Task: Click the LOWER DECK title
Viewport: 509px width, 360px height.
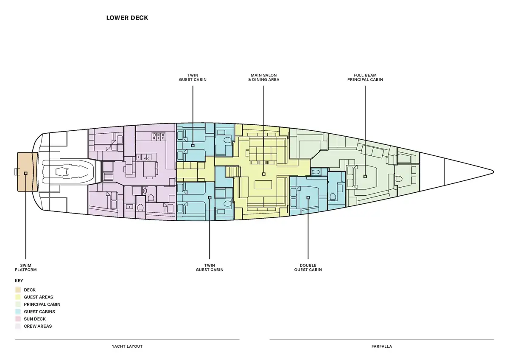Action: [x=127, y=18]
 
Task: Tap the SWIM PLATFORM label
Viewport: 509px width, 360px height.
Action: [x=26, y=267]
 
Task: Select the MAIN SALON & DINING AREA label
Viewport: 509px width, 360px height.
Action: [x=263, y=77]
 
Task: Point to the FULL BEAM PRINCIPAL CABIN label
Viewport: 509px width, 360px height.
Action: [x=365, y=77]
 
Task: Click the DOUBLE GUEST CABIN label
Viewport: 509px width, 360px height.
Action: [x=308, y=267]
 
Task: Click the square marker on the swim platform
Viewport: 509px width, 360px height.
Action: [x=26, y=173]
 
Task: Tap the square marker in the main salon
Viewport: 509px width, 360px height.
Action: [x=263, y=174]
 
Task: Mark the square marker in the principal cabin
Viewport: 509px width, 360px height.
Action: [x=365, y=176]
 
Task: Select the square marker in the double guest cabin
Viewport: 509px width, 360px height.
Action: [x=308, y=197]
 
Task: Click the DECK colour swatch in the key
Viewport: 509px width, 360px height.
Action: [x=18, y=290]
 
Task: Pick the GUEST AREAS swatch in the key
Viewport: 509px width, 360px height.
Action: [x=18, y=297]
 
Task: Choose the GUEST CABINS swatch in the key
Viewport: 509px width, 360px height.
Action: [x=18, y=312]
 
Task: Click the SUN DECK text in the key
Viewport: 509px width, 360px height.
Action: [x=35, y=319]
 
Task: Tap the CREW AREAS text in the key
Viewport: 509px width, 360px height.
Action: [x=38, y=326]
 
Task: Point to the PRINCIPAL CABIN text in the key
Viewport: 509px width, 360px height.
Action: [x=42, y=304]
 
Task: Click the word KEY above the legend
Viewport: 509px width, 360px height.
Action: [x=19, y=281]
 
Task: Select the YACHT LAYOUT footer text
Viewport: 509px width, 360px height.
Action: [x=127, y=346]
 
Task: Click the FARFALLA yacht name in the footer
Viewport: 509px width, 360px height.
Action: [x=382, y=346]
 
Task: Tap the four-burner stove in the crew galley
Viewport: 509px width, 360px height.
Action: [x=159, y=136]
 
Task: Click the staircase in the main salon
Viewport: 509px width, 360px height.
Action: [x=233, y=172]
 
